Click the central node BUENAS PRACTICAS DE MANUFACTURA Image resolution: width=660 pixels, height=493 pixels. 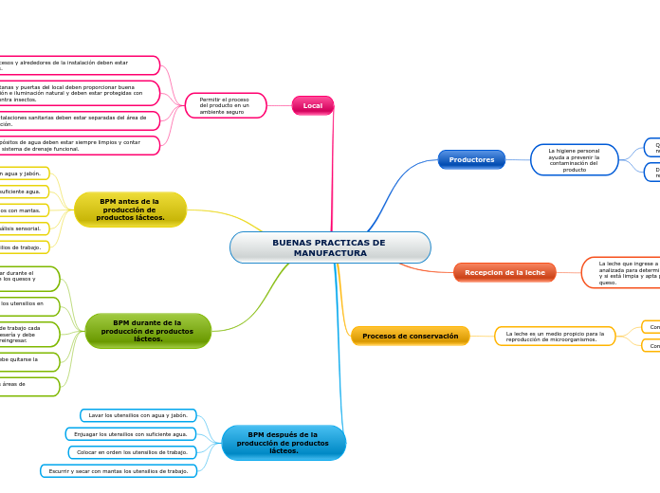329,247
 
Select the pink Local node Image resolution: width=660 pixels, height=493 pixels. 312,105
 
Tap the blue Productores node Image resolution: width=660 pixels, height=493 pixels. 471,159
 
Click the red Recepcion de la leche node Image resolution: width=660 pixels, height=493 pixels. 504,272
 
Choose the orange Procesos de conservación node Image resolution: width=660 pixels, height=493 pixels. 410,336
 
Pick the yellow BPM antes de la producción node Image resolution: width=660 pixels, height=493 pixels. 130,210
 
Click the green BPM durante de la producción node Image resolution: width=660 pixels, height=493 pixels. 148,331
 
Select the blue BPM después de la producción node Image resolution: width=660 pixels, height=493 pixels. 283,443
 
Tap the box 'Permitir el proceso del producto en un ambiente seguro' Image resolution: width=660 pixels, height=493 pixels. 226,105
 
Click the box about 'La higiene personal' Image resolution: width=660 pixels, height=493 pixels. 574,159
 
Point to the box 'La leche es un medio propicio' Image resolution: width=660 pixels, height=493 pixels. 555,336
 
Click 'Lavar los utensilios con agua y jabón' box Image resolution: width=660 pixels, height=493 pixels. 138,415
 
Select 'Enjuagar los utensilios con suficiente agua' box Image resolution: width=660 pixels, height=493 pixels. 132,433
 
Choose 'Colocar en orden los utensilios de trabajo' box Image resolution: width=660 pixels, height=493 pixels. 133,452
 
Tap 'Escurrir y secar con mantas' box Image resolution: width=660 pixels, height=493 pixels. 119,470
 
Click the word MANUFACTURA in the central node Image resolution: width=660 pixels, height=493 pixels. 330,253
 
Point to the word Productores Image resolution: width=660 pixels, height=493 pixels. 471,159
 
